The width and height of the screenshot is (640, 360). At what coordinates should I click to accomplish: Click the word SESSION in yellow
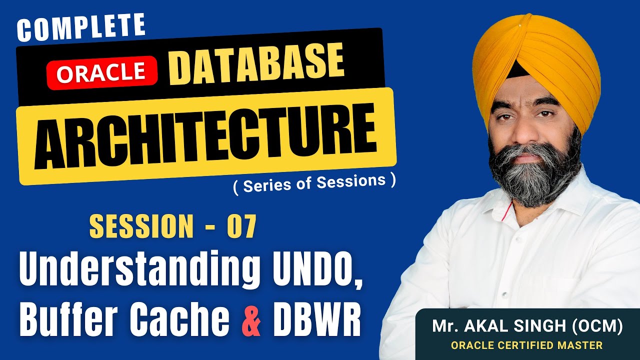pyautogui.click(x=141, y=226)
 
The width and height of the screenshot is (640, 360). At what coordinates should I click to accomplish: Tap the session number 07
pyautogui.click(x=241, y=226)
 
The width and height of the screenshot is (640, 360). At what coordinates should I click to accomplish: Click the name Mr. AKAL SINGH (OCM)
pyautogui.click(x=527, y=327)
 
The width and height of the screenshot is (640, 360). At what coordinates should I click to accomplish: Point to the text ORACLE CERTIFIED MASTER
pyautogui.click(x=526, y=345)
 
